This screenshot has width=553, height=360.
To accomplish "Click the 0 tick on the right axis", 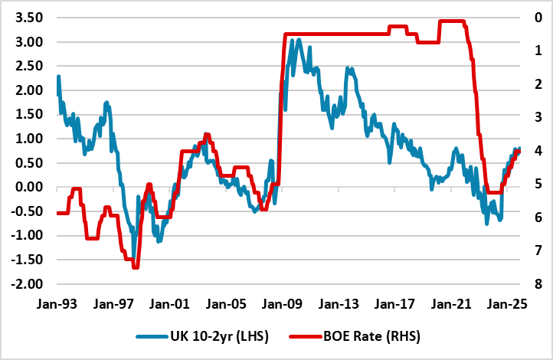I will (x=539, y=18).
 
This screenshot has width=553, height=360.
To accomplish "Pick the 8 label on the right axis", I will (x=539, y=284).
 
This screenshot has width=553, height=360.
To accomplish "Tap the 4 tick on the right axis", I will (x=539, y=151).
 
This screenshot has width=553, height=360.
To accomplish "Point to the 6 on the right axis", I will (x=539, y=218).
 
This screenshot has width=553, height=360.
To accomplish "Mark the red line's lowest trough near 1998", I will (x=136, y=267).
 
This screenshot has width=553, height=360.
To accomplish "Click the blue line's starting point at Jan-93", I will (x=58, y=77).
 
